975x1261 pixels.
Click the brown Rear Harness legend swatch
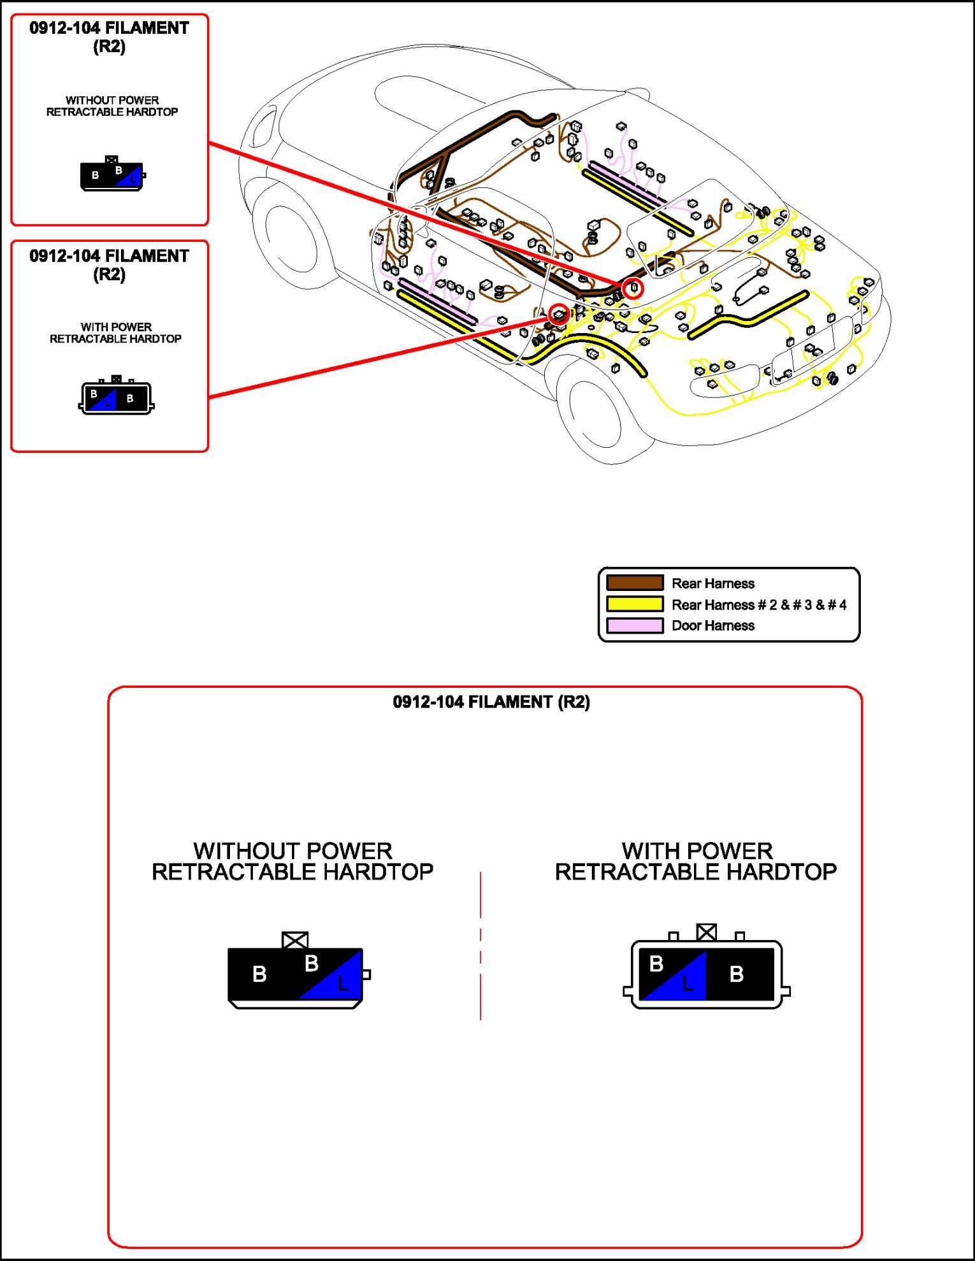(x=635, y=583)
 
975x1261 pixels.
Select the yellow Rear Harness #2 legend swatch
(x=635, y=604)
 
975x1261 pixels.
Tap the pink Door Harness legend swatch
(x=635, y=625)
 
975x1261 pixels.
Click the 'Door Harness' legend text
(x=713, y=625)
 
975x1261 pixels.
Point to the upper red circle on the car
(x=633, y=288)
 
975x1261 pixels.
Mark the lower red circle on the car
(x=559, y=314)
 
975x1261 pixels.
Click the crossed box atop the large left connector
(x=295, y=940)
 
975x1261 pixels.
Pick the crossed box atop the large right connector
(x=706, y=932)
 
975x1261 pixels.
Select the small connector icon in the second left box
(x=116, y=397)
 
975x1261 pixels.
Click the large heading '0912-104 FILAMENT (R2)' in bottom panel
(x=491, y=702)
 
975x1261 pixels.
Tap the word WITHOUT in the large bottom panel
(x=238, y=851)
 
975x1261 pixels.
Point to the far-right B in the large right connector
(x=737, y=974)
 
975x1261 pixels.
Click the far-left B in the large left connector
(x=259, y=974)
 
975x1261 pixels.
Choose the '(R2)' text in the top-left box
(x=109, y=46)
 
